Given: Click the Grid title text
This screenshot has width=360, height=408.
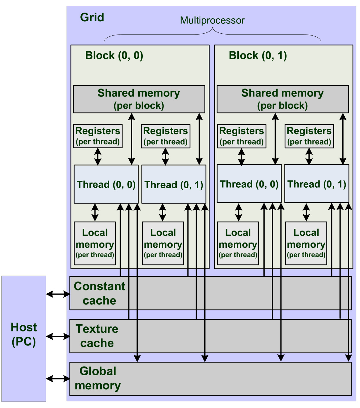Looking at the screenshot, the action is coord(92,17).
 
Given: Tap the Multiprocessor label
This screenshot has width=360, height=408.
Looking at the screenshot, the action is coord(212,20).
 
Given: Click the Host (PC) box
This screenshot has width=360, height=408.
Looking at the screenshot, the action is coord(24,339).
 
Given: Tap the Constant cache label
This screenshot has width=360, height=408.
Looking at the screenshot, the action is coord(99,293).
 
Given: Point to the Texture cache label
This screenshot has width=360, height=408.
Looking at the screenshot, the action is coord(97,336).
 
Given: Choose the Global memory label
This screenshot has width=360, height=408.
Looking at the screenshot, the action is coord(98,378).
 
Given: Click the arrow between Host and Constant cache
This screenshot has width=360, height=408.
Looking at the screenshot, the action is coord(58,294).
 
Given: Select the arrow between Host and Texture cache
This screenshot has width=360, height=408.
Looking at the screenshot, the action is coord(58,336).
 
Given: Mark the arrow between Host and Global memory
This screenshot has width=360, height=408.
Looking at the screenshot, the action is coord(58,379).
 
